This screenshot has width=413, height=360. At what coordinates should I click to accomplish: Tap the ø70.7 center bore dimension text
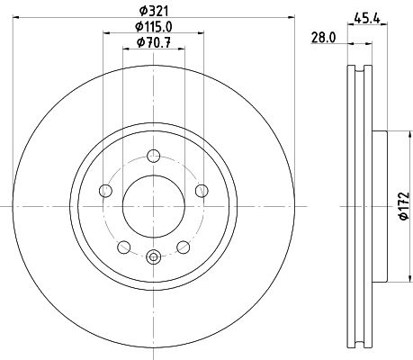[x=152, y=42]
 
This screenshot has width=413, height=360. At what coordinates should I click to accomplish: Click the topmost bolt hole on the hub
[x=154, y=152]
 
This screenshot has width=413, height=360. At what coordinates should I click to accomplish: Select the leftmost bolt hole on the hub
[x=105, y=190]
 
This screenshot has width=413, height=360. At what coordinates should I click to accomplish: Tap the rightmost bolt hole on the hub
[x=201, y=190]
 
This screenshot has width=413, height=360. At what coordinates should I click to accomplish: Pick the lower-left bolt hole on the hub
[x=123, y=247]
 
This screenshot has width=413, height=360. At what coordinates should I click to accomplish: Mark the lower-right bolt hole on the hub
[x=183, y=247]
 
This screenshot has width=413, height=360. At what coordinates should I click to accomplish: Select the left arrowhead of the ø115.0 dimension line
[x=106, y=34]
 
